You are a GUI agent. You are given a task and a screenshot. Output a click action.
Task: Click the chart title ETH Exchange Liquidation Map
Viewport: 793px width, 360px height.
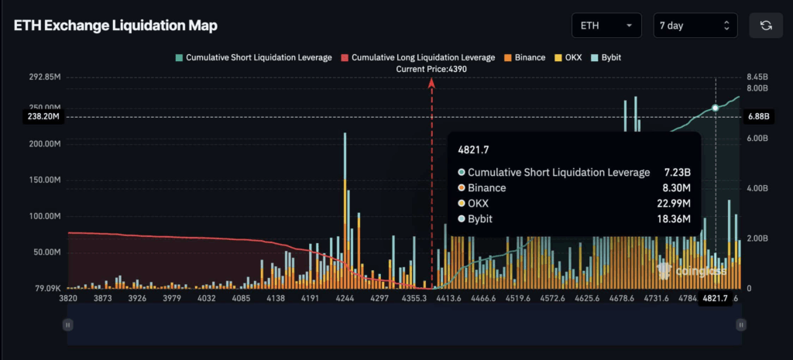[115, 26]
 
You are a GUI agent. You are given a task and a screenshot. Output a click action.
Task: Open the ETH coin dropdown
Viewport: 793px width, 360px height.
[606, 26]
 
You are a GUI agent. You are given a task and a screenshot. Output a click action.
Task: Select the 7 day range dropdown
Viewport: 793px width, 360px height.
[694, 26]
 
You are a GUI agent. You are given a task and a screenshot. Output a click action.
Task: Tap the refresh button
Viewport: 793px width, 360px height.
[765, 26]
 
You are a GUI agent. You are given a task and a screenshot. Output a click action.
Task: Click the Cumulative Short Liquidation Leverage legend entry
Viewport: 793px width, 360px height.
[254, 57]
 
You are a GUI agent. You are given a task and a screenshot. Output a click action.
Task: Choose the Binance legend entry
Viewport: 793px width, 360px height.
[524, 57]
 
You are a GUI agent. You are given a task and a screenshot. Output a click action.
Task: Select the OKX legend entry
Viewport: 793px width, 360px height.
[570, 57]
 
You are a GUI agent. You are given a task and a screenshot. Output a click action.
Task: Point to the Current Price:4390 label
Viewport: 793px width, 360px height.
[431, 69]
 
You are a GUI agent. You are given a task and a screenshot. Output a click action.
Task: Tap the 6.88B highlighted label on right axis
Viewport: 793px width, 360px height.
[758, 117]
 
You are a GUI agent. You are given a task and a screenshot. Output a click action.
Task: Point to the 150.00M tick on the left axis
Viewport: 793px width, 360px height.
[44, 180]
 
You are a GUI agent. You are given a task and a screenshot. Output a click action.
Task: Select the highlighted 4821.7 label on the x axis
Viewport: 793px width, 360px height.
[715, 298]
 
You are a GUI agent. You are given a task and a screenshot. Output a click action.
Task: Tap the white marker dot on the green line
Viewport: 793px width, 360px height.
[715, 108]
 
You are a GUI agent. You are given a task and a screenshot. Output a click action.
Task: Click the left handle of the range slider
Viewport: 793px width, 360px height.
[69, 325]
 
